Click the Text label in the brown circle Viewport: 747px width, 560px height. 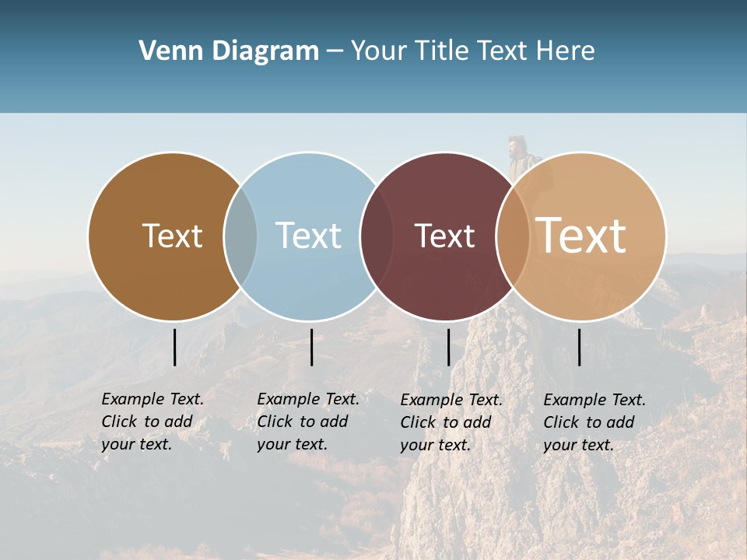coord(172,236)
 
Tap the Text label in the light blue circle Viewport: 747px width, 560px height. coord(308,236)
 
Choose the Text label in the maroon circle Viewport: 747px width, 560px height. coord(444,236)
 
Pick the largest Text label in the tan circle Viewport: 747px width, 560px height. coord(581,236)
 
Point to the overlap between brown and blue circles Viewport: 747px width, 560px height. coord(240,236)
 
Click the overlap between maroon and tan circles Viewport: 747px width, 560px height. coord(513,236)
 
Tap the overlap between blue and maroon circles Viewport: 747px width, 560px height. coord(377,236)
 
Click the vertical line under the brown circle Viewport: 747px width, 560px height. coord(174,347)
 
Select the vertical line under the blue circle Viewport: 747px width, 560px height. coord(311,347)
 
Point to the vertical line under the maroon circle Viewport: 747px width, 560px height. coord(448,347)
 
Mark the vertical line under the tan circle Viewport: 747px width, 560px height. coord(579,347)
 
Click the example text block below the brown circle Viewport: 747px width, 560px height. coord(152,422)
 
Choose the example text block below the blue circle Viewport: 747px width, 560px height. coord(307,422)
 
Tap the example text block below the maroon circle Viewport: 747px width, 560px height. coord(451,422)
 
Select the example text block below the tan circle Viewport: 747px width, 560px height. coord(594,422)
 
